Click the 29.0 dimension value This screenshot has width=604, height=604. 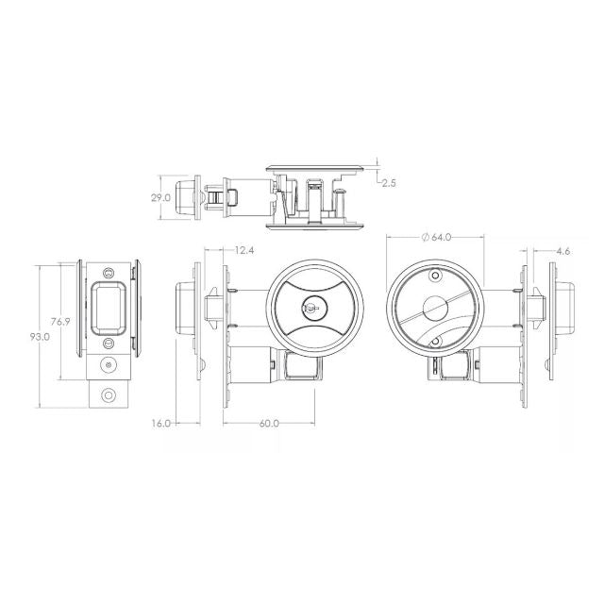pos(160,198)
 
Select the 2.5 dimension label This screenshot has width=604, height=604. pos(389,183)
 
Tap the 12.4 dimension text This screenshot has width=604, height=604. pos(243,250)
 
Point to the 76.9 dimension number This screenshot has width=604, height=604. pos(60,322)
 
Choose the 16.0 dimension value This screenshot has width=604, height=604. pos(161,423)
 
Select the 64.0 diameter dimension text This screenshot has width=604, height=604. pos(442,237)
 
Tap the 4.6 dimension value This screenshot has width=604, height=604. pos(562,250)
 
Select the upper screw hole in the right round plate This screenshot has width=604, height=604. pos(435,277)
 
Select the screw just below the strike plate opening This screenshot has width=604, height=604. pos(109,343)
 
